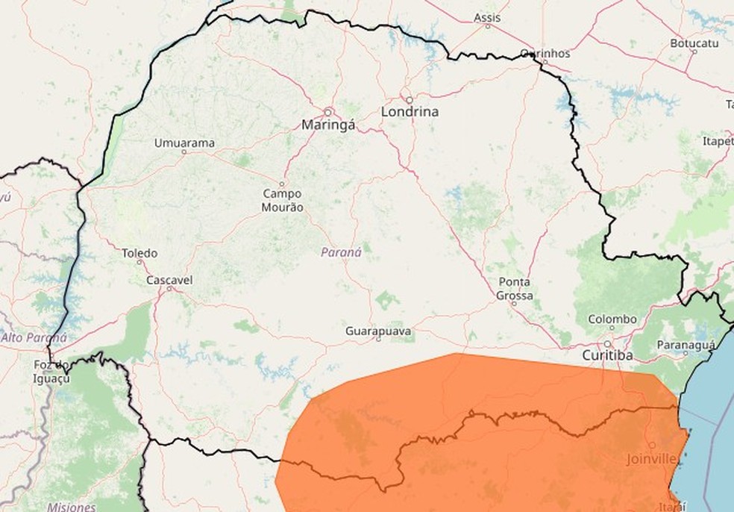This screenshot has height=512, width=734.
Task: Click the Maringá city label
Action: pos(328,125)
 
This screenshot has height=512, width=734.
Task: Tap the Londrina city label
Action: pos(410,112)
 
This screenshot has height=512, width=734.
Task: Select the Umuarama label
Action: pos(184,143)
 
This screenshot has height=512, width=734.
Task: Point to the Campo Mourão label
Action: pos(283,200)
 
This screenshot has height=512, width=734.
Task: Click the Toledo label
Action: pos(139,253)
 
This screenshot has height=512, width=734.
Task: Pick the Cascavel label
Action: pos(169,280)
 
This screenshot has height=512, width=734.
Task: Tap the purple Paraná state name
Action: pos(341,252)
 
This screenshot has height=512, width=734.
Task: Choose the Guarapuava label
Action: pos(378,330)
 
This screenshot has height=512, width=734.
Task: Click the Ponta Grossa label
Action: pos(515,289)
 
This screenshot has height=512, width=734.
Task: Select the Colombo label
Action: pos(612,319)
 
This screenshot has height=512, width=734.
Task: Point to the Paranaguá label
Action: pos(687,345)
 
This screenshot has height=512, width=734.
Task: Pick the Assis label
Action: pos(488,17)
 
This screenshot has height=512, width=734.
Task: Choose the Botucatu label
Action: pos(694,43)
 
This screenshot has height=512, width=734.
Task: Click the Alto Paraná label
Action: pos(34,337)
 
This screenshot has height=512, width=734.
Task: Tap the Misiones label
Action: pos(71,507)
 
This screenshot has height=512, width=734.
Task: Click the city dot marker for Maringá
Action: pos(327,111)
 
